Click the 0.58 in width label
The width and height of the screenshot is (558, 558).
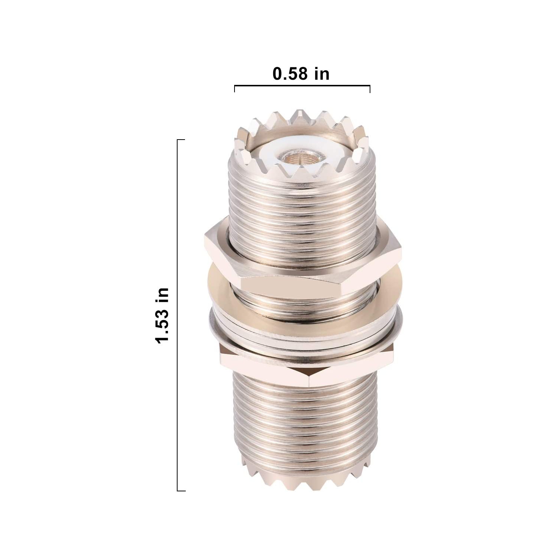click(301, 74)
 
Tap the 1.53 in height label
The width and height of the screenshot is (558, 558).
click(163, 316)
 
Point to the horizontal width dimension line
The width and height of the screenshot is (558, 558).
click(302, 86)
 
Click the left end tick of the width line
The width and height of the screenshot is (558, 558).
click(235, 89)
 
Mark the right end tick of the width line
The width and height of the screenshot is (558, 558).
click(370, 89)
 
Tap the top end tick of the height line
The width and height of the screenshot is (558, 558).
click(181, 140)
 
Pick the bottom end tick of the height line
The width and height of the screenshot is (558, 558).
click(181, 491)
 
